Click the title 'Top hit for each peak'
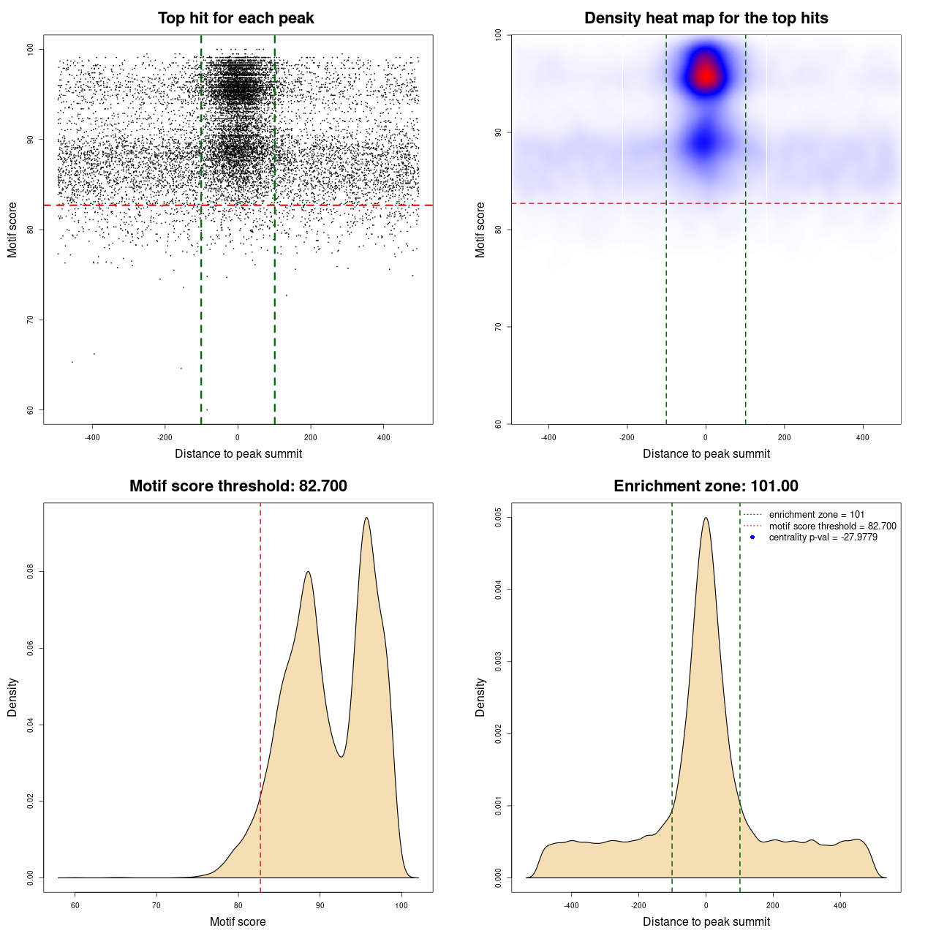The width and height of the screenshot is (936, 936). click(x=236, y=18)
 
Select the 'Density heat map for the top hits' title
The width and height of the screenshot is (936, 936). click(x=706, y=18)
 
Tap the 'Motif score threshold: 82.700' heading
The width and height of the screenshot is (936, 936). click(x=238, y=486)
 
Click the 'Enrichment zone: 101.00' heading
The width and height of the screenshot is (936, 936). click(x=706, y=486)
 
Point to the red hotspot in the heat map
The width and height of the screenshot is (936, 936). click(x=705, y=75)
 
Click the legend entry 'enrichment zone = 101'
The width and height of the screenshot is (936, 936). click(x=816, y=515)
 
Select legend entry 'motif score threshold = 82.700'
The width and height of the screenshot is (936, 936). click(x=832, y=526)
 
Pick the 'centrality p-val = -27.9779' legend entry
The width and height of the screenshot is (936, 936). click(x=823, y=537)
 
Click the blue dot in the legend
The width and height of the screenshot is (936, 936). click(x=752, y=537)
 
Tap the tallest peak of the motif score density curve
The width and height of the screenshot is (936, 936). click(x=366, y=518)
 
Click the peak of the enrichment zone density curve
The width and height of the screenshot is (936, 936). click(x=706, y=518)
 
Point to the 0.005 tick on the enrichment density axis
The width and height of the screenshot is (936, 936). click(x=499, y=518)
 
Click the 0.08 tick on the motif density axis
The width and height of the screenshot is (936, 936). click(x=31, y=572)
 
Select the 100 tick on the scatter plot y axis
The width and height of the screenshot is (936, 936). click(x=31, y=49)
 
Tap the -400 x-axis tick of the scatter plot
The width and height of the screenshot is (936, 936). click(x=92, y=437)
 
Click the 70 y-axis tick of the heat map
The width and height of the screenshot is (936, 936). click(x=499, y=327)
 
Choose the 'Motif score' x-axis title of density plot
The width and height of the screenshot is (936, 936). click(x=238, y=921)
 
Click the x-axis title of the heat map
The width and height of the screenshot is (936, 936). click(x=706, y=453)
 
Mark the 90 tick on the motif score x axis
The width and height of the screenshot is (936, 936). click(x=320, y=905)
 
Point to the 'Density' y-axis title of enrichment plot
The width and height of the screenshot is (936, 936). click(x=480, y=697)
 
